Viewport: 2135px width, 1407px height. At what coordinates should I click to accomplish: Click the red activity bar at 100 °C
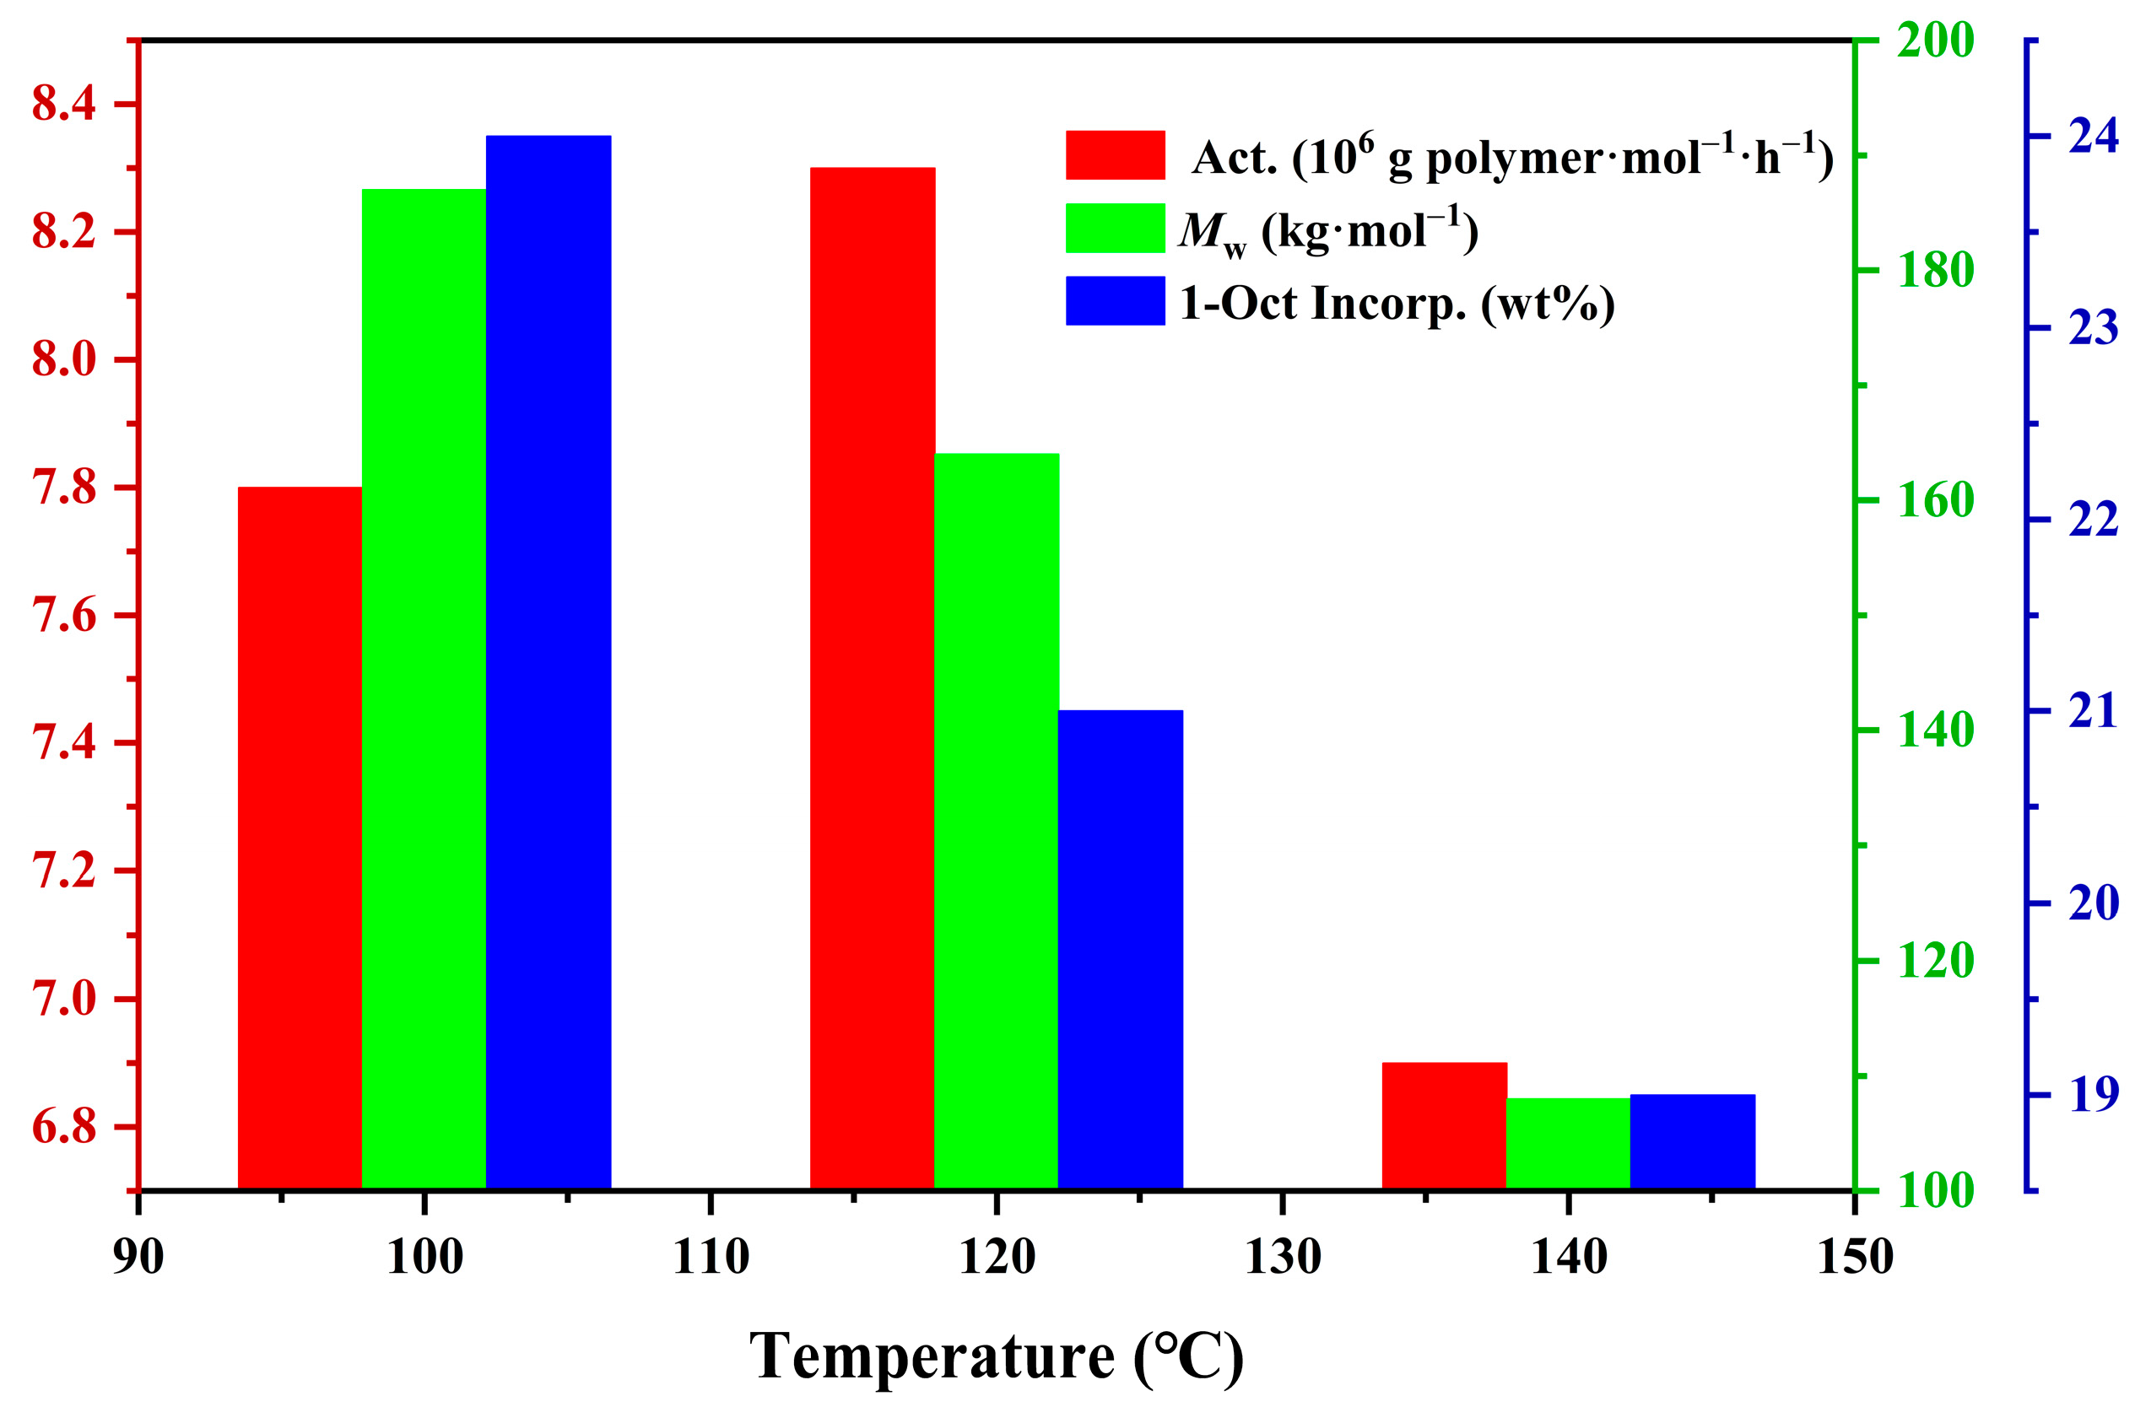[x=300, y=838]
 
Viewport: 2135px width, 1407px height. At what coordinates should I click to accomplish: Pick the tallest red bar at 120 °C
[x=873, y=678]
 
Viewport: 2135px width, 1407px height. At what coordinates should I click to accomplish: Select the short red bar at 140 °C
[x=1444, y=1126]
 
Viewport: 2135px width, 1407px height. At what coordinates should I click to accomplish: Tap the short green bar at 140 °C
[x=1568, y=1144]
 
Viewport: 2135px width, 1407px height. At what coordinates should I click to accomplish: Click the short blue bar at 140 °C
[x=1693, y=1142]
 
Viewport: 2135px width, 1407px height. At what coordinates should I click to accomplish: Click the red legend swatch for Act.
[x=1115, y=155]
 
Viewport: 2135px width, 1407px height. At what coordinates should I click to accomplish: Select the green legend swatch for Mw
[x=1115, y=228]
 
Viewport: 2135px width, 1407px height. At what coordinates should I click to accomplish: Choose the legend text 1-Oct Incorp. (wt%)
[x=1397, y=304]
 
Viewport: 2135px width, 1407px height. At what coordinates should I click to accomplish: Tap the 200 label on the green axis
[x=1935, y=40]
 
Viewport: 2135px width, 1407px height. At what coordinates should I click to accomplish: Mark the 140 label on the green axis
[x=1935, y=730]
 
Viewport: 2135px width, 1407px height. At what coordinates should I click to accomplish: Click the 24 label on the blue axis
[x=2093, y=137]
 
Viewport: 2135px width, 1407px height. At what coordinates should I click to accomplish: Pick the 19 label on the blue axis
[x=2093, y=1095]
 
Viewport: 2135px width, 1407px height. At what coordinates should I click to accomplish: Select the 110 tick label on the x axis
[x=711, y=1256]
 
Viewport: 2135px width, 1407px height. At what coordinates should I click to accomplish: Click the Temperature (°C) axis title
[x=996, y=1356]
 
